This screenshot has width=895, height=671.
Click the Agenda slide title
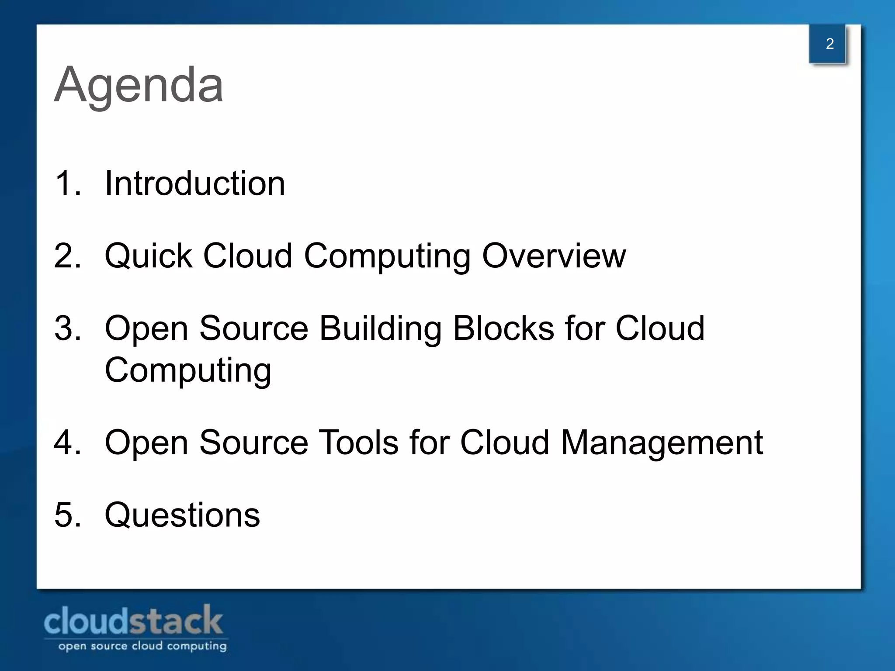(x=139, y=85)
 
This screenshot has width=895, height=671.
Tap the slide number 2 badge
(x=829, y=44)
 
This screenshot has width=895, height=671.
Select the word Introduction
(x=195, y=183)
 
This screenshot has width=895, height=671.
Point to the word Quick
(x=149, y=256)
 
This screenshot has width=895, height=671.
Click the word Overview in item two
(x=554, y=256)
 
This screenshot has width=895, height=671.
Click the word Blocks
(x=503, y=329)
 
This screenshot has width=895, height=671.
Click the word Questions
(x=182, y=515)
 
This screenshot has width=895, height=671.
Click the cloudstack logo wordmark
(x=133, y=621)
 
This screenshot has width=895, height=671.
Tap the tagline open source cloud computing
(x=142, y=646)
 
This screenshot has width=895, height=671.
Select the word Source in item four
(x=253, y=443)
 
